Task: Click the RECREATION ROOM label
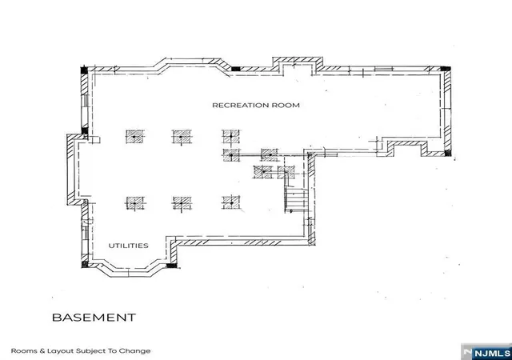point(256,105)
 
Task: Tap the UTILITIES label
point(128,246)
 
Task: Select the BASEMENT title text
point(94,318)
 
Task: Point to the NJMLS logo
point(486,352)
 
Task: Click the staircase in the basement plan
point(296,200)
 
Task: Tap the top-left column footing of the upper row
point(134,137)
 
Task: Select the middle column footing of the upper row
point(182,137)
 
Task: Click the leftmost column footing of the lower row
point(135,203)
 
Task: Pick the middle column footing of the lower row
point(182,203)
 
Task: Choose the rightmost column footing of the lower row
point(231,203)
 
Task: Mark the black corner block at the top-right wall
point(446,69)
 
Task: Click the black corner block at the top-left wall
point(84,70)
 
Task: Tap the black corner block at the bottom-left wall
point(85,264)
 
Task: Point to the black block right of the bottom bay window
point(171,266)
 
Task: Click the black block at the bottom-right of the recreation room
point(448,153)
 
